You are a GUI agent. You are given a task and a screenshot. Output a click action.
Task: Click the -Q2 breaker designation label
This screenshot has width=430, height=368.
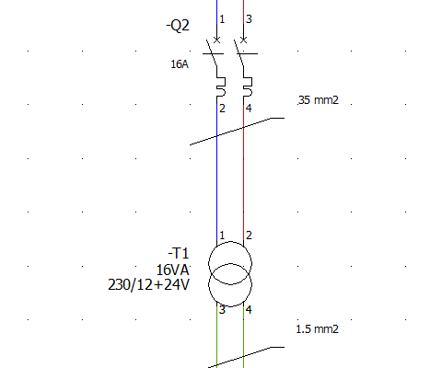178,26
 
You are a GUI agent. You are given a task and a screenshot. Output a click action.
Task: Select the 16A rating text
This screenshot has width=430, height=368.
180,64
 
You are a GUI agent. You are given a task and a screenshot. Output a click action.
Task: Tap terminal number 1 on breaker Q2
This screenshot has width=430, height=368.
222,19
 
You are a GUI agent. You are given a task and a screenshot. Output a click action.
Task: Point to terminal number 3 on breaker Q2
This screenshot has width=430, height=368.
249,19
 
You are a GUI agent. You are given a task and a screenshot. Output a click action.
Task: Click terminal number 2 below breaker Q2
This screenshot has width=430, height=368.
222,109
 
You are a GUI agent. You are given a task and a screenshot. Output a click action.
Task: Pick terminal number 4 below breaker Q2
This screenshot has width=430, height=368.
249,109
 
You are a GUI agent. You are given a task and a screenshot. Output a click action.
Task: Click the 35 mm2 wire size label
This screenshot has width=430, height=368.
319,100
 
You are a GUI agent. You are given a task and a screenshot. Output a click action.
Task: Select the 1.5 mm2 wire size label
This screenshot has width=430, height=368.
318,329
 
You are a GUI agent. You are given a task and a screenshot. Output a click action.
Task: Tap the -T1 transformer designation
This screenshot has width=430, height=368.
179,254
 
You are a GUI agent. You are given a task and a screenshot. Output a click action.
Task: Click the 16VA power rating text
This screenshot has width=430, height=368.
172,270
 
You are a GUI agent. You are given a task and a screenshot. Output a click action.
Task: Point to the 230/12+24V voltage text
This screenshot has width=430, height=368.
148,284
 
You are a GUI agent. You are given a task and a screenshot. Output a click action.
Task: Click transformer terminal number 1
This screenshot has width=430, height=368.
222,236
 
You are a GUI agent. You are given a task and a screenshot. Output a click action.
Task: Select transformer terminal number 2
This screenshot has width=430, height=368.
249,236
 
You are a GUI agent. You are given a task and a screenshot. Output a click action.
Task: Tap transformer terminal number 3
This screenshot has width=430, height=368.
222,310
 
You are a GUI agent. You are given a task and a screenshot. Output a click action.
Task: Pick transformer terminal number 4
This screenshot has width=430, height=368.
249,310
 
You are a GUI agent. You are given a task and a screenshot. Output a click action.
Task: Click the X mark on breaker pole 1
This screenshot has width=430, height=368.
216,40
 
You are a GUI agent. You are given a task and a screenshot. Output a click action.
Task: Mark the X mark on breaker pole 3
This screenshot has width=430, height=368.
243,40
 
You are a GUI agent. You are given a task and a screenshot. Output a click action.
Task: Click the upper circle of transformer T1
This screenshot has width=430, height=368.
230,241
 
